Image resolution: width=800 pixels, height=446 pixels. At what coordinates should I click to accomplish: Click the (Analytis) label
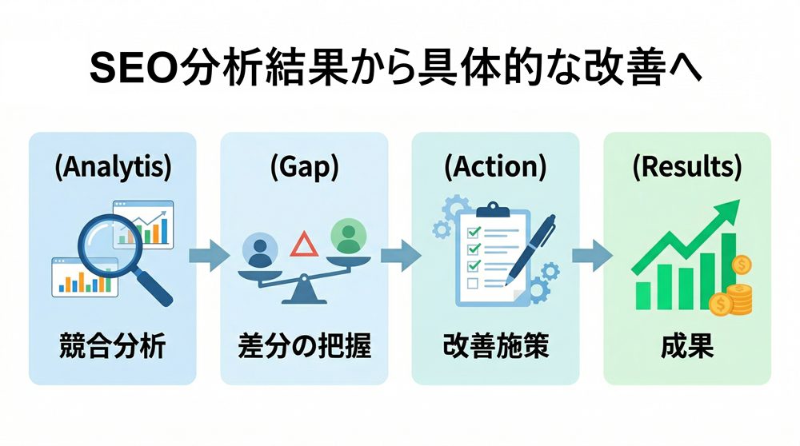[x=113, y=168]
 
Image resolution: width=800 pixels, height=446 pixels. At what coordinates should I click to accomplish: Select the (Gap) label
[x=304, y=168]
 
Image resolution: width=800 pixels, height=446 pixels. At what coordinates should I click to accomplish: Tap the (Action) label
[x=495, y=168]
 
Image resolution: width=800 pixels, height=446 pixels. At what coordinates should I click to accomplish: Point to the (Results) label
[x=687, y=168]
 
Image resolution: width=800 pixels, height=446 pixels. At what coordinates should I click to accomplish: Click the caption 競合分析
[x=113, y=347]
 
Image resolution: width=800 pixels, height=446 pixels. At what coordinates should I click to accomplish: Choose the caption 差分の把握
[x=304, y=347]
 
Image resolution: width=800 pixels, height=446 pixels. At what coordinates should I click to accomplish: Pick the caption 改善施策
[x=495, y=347]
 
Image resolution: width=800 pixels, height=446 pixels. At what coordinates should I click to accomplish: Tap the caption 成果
[x=687, y=347]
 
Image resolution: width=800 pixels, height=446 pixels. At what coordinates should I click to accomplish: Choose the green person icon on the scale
[x=347, y=236]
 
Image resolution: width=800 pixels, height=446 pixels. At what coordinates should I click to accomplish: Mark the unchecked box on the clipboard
[x=473, y=283]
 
